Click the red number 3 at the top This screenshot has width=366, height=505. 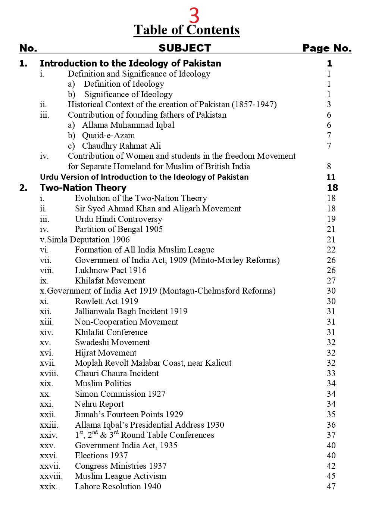[x=194, y=16]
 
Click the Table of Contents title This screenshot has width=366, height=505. [x=187, y=30]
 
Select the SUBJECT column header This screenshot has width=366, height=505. [x=185, y=48]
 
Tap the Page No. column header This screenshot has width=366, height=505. [x=327, y=48]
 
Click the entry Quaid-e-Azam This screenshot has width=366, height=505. [x=108, y=136]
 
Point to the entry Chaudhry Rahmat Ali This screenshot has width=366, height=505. [x=121, y=146]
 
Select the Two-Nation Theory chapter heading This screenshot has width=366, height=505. [x=83, y=188]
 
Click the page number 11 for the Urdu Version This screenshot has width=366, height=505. [x=331, y=177]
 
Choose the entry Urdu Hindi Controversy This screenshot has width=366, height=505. [x=118, y=219]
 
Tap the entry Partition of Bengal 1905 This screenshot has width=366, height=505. [x=119, y=229]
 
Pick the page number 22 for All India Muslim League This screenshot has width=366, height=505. [x=331, y=250]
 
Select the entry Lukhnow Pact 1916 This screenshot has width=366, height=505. [x=110, y=270]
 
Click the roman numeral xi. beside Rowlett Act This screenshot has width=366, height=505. [x=44, y=301]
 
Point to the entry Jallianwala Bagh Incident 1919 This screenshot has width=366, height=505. [x=131, y=311]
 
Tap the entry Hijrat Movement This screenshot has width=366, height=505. [x=106, y=353]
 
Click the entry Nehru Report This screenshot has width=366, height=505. [x=99, y=404]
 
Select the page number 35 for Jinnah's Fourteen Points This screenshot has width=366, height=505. [x=331, y=414]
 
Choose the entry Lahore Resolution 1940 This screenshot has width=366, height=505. [x=118, y=486]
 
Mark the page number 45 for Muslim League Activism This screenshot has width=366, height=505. [x=331, y=476]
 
